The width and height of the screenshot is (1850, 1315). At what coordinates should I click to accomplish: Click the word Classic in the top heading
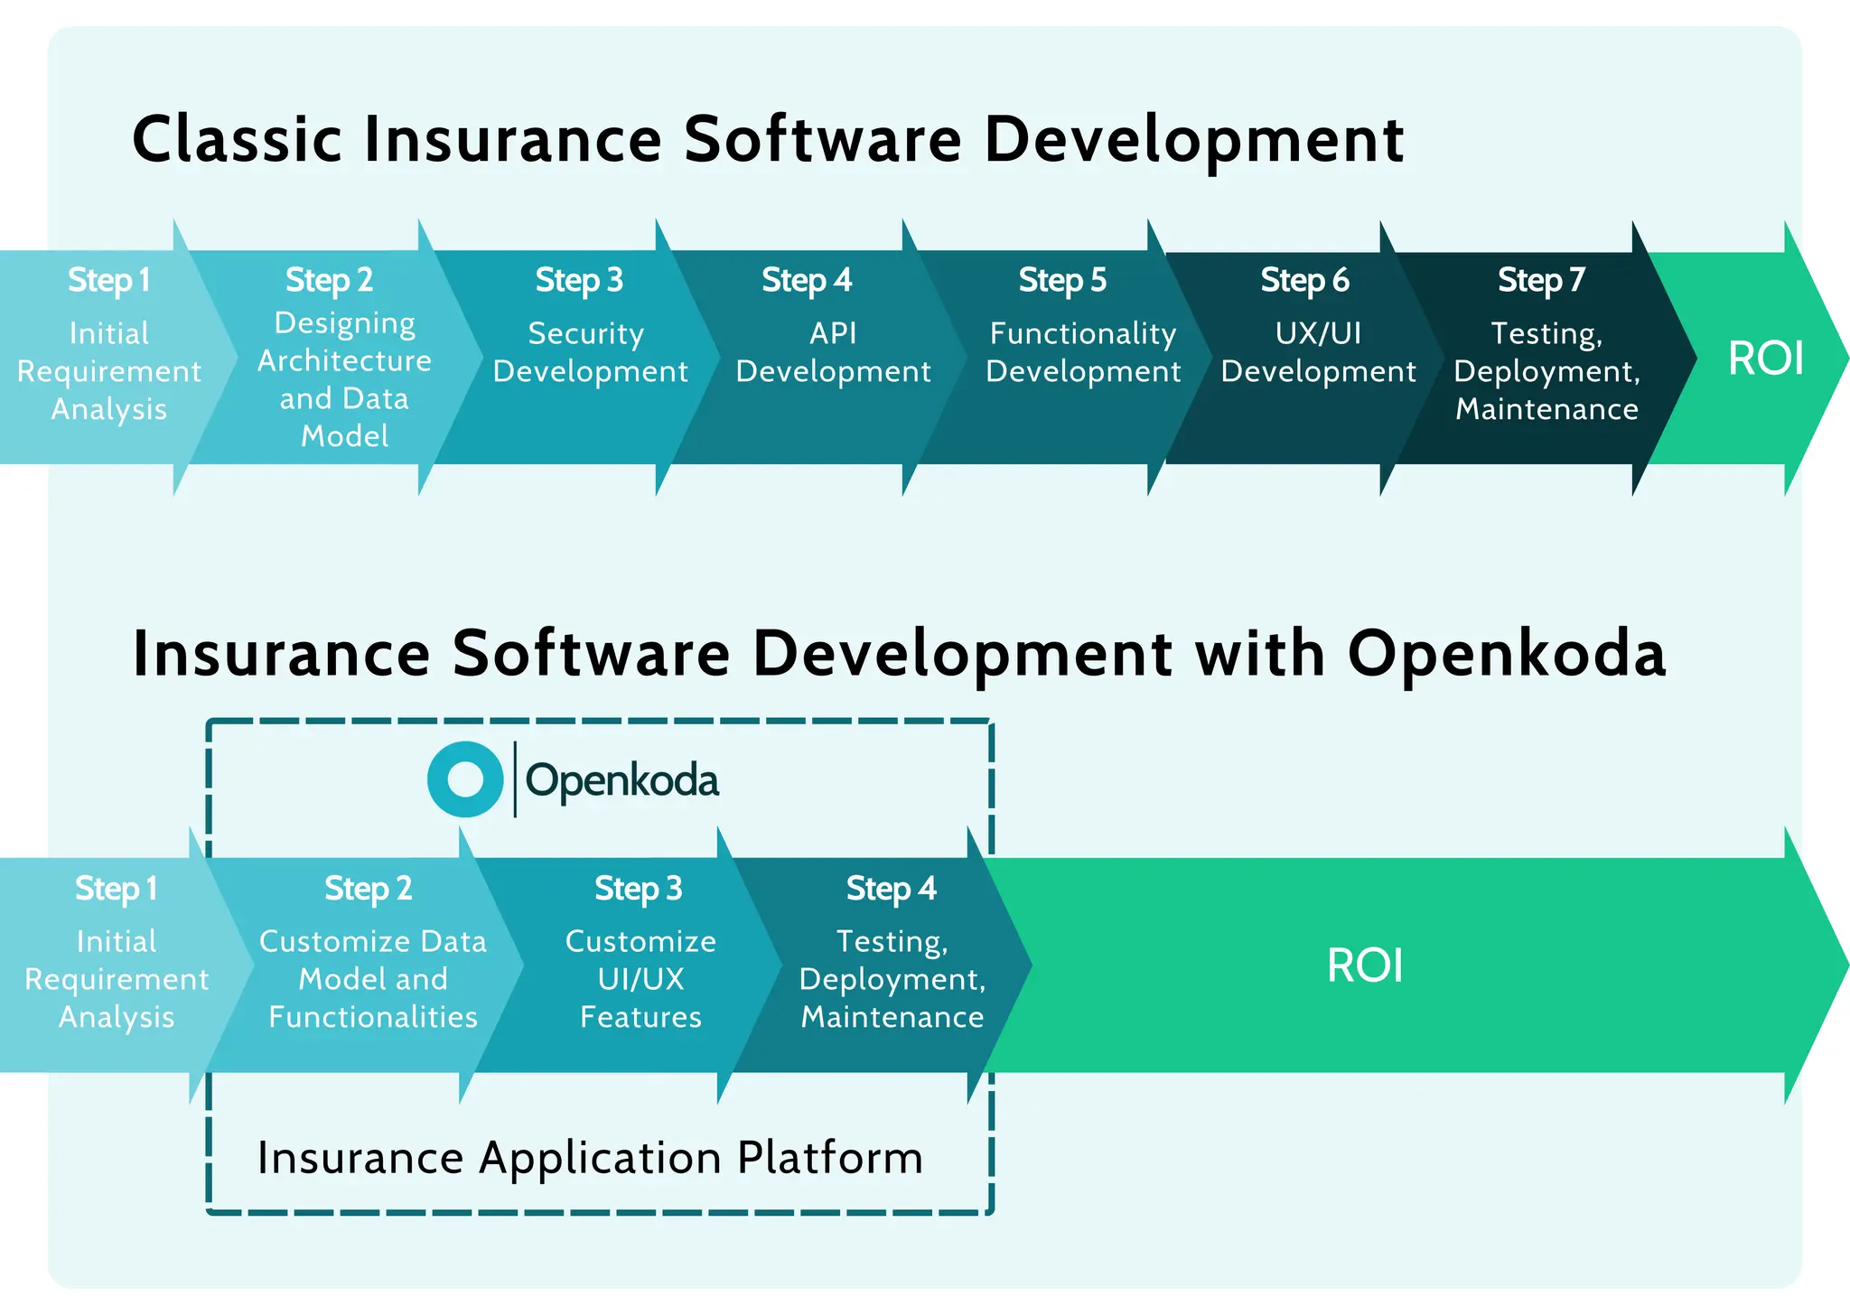(x=237, y=140)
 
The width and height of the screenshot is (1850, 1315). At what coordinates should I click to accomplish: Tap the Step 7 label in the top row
(x=1541, y=280)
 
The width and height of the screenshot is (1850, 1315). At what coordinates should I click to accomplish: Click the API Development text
(x=833, y=352)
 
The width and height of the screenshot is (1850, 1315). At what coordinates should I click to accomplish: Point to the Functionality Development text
(x=1083, y=352)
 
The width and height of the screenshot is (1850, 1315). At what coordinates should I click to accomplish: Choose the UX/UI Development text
(x=1318, y=352)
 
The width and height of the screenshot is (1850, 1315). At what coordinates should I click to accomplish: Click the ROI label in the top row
(x=1765, y=359)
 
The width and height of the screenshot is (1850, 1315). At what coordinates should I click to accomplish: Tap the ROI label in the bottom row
(x=1364, y=965)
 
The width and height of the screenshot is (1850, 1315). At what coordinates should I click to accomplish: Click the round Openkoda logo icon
(x=465, y=779)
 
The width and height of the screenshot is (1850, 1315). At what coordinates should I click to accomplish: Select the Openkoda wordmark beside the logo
(x=621, y=780)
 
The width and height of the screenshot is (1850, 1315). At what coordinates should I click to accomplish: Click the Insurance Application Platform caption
(x=590, y=1158)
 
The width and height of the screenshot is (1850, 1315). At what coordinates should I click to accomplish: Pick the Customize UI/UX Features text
(x=640, y=979)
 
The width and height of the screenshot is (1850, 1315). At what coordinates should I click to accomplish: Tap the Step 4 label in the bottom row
(x=891, y=889)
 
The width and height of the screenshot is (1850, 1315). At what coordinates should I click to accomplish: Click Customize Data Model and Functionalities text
(x=372, y=979)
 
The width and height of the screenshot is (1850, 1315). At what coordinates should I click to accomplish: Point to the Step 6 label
(x=1304, y=280)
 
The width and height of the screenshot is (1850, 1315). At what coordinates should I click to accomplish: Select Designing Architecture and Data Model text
(x=344, y=379)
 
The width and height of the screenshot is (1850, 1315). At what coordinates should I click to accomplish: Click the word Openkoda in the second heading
(x=1506, y=653)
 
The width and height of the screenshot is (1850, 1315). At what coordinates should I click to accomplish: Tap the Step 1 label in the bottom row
(x=116, y=889)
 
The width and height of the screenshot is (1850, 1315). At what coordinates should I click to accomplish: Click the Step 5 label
(x=1062, y=280)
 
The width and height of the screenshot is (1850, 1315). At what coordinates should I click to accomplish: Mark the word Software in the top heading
(x=822, y=140)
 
